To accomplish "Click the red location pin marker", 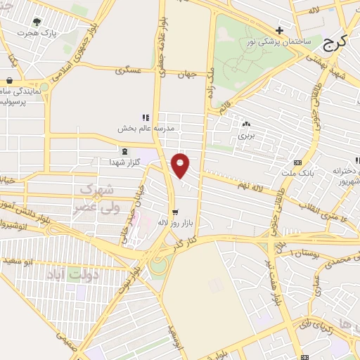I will pos(181,165).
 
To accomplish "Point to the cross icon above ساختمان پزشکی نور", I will pos(280,30).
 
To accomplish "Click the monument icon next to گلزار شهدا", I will pos(124,151).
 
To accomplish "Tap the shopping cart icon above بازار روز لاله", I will pos(174,211).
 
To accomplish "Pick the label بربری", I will pos(245,134).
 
